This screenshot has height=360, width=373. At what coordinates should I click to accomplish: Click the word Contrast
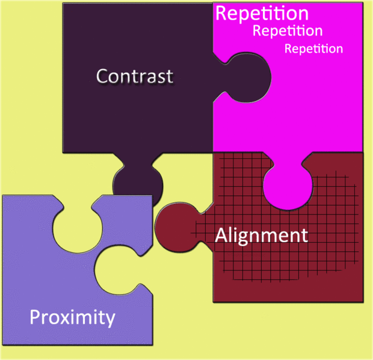click(x=135, y=76)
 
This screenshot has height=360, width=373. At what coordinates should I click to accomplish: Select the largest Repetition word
click(x=262, y=13)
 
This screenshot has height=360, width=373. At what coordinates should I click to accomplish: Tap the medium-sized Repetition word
click(x=288, y=31)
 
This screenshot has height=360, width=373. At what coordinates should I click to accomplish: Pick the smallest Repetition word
click(x=313, y=49)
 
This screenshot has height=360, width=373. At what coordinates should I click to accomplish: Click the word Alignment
click(x=262, y=235)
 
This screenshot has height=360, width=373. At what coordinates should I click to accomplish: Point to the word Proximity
click(x=72, y=316)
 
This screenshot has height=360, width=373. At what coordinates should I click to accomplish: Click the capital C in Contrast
click(x=103, y=76)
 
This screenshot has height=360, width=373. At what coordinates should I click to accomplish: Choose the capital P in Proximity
click(x=36, y=316)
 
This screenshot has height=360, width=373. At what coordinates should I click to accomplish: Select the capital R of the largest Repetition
click(x=223, y=13)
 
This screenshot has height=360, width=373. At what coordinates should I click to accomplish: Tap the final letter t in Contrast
click(x=169, y=77)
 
